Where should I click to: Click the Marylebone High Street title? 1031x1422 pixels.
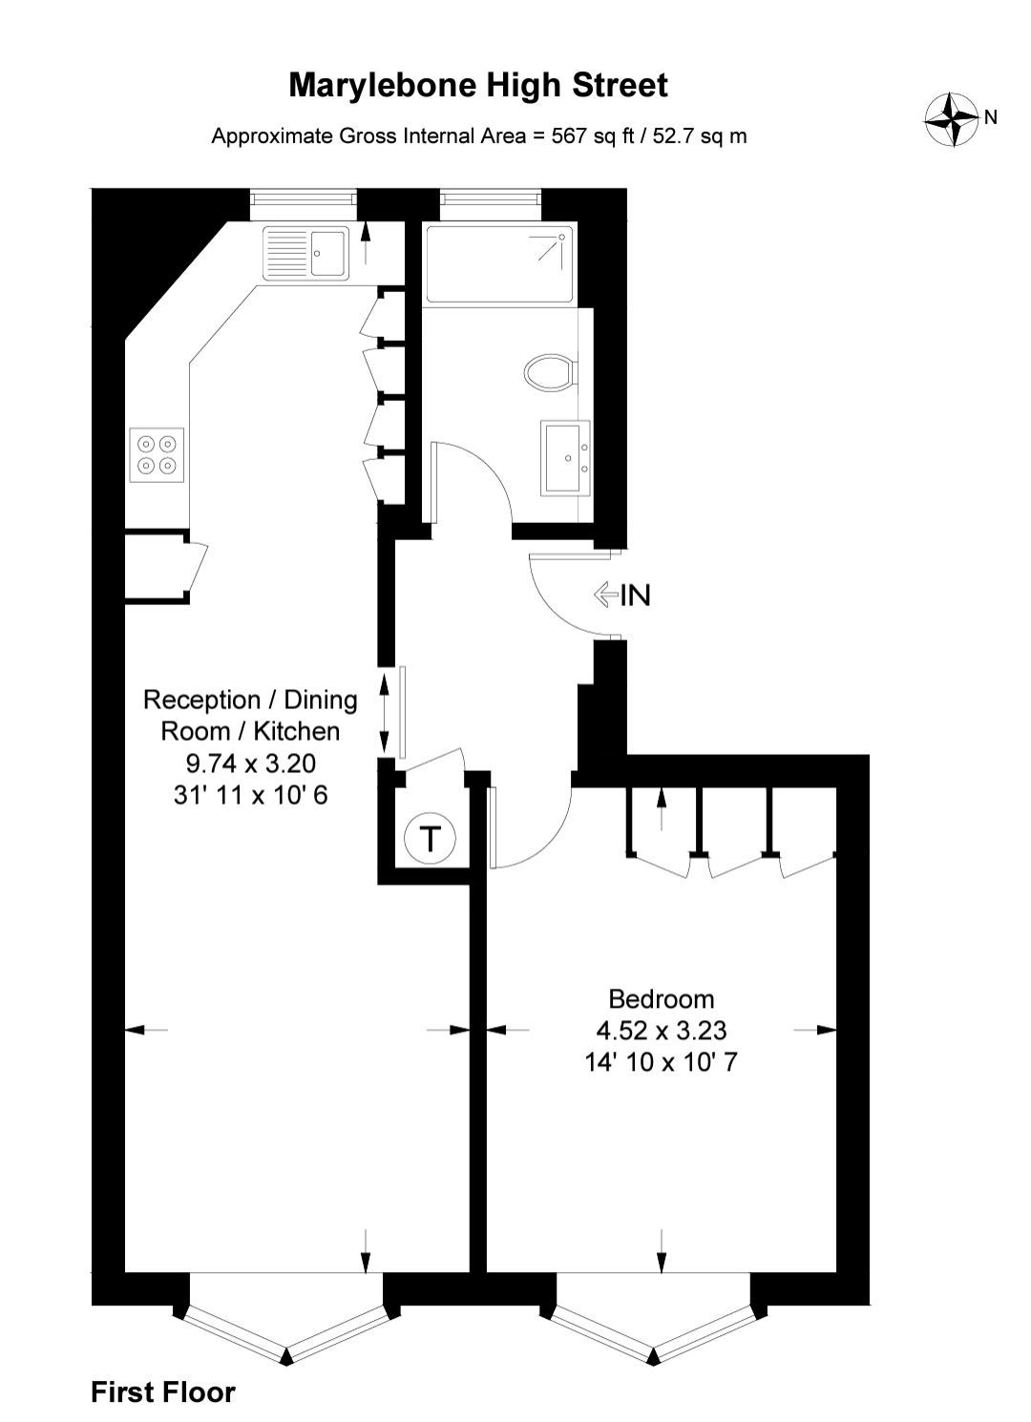(x=478, y=86)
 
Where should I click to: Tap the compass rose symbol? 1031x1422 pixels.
(x=950, y=119)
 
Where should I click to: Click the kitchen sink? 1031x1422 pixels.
(x=306, y=253)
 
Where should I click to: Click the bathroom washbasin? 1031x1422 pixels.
(x=566, y=457)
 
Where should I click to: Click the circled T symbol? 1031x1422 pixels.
(x=430, y=840)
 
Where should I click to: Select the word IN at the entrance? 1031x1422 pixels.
(x=636, y=596)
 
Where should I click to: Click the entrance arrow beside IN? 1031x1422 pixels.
(x=604, y=596)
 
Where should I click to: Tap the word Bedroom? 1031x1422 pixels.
(x=662, y=999)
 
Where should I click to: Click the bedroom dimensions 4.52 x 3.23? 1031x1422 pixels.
(x=662, y=1031)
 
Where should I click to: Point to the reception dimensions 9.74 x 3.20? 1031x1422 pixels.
(x=250, y=763)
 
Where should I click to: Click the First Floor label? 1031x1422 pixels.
(x=163, y=1392)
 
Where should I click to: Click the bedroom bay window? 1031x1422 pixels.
(x=655, y=1336)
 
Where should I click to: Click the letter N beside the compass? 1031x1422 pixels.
(x=991, y=117)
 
